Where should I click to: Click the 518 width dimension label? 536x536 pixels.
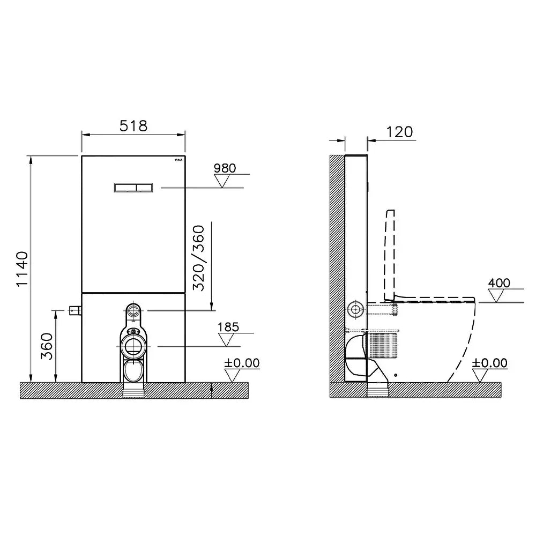(x=133, y=126)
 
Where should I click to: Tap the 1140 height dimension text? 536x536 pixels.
(x=23, y=270)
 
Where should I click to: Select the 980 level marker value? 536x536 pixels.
(x=225, y=168)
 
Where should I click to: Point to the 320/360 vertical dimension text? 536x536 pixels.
(x=199, y=258)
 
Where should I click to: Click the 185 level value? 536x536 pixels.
(x=228, y=327)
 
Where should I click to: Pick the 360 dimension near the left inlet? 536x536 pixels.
(x=47, y=346)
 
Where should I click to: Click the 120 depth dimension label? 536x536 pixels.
(x=400, y=132)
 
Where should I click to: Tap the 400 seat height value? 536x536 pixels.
(x=499, y=283)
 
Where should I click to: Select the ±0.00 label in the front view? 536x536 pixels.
(x=242, y=363)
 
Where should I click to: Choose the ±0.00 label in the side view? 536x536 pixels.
(x=489, y=363)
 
